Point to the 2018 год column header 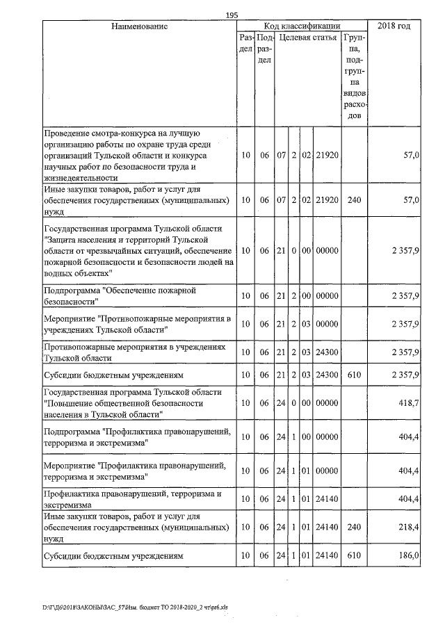[394, 26]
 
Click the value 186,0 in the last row [407, 556]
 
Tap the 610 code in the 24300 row [355, 376]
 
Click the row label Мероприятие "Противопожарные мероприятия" [137, 324]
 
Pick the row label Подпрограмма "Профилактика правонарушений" [136, 436]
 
